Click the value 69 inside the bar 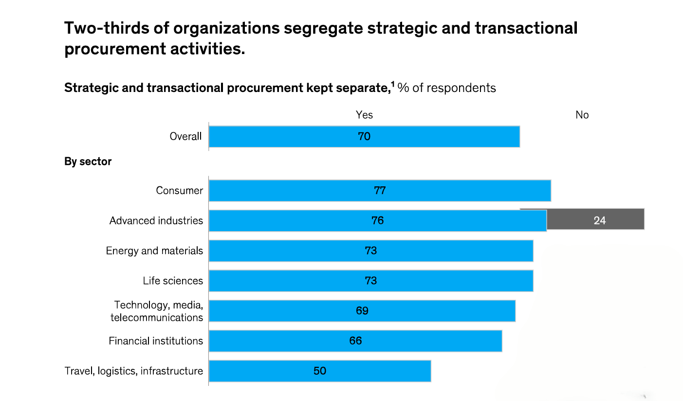[362, 310]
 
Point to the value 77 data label [380, 190]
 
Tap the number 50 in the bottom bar [320, 371]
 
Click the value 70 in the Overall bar [364, 136]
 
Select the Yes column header [364, 115]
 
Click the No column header [582, 115]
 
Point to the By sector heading [88, 162]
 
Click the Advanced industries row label [156, 220]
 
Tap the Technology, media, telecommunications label [157, 311]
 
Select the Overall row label [185, 136]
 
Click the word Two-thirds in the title [111, 28]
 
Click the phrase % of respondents [447, 88]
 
